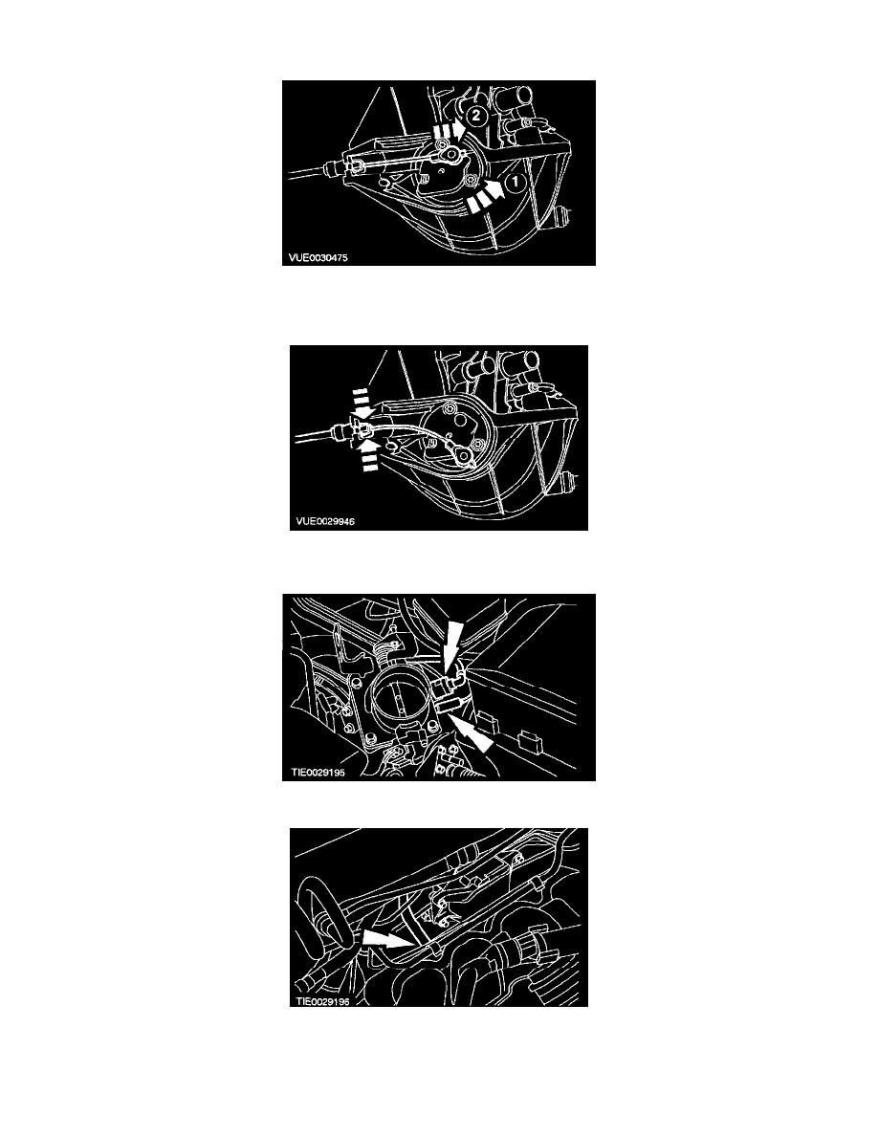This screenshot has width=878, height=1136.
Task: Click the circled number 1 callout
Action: [x=514, y=183]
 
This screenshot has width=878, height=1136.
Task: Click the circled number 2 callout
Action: [x=475, y=115]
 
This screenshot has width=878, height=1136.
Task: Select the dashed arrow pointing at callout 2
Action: [x=450, y=128]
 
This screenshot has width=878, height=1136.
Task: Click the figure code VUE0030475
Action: [x=318, y=257]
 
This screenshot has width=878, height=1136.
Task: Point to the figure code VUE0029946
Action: [x=325, y=521]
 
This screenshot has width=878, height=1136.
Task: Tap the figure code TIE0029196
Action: [x=323, y=1002]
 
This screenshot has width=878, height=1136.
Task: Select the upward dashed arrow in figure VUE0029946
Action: [x=369, y=454]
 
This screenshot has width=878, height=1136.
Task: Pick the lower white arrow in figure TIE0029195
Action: [x=471, y=731]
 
